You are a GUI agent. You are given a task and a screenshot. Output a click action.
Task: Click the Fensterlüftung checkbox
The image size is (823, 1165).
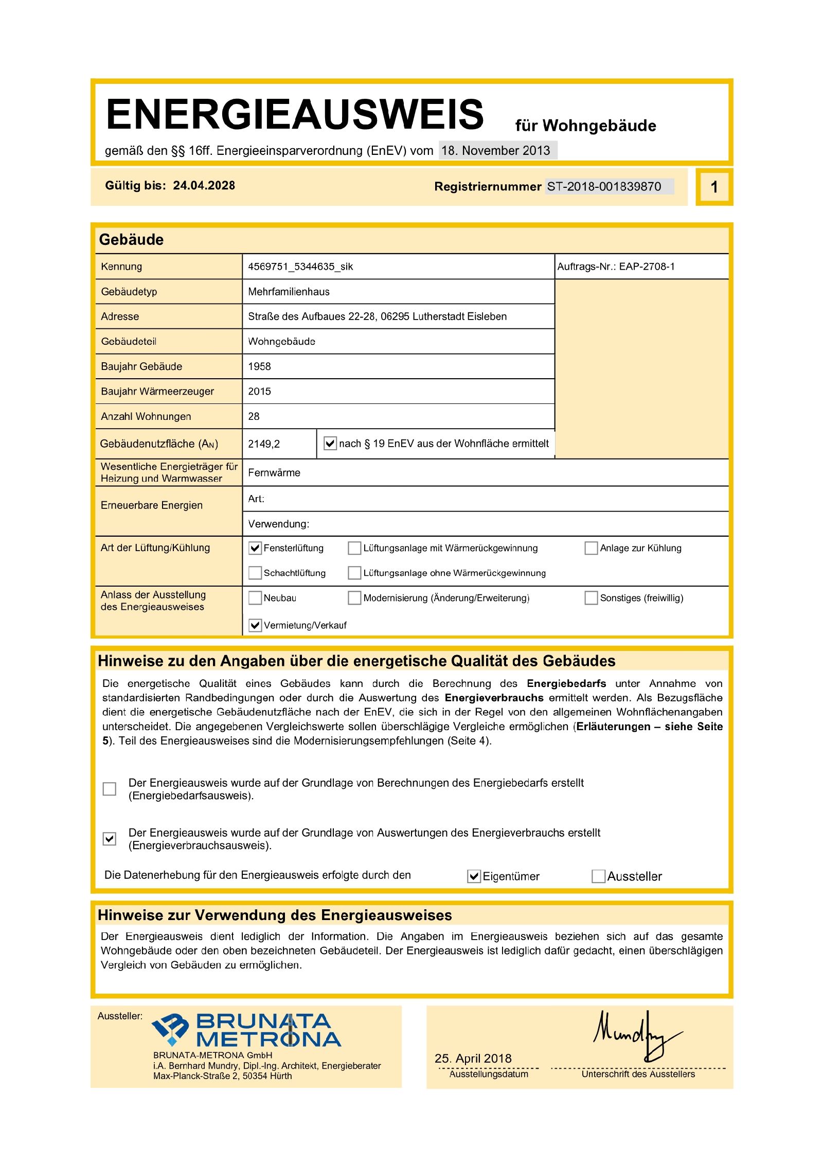[x=255, y=548]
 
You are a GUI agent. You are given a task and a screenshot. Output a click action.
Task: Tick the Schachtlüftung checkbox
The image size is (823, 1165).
[x=255, y=573]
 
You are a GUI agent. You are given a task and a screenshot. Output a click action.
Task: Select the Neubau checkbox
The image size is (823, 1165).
[x=255, y=598]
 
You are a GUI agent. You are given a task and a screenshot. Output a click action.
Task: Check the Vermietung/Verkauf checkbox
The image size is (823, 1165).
[x=255, y=625]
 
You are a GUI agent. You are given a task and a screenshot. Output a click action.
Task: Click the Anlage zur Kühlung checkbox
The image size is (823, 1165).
[x=591, y=548]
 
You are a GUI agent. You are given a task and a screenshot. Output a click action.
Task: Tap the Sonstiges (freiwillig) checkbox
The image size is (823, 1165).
[x=591, y=598]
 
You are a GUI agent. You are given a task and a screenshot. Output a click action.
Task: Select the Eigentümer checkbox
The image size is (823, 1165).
[x=474, y=876]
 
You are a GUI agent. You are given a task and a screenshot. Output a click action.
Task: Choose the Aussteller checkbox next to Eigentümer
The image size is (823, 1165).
[x=598, y=876]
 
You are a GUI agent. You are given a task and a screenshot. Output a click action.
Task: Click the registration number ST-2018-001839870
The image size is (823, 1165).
[x=604, y=186]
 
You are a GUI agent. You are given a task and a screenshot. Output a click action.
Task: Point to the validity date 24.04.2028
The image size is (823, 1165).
[x=204, y=186]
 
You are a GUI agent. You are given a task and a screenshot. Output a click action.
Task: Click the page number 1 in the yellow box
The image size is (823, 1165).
[x=714, y=187]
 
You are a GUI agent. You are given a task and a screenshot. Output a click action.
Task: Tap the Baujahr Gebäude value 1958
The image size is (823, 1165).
[x=259, y=366]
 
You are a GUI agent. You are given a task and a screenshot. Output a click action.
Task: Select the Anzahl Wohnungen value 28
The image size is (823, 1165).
[x=254, y=416]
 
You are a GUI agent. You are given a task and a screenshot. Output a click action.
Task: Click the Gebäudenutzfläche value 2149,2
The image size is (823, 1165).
[x=264, y=444]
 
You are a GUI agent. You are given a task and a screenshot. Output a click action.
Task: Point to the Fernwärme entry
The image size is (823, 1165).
[x=274, y=473]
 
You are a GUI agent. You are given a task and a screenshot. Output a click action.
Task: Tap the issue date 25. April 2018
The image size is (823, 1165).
[x=473, y=1058]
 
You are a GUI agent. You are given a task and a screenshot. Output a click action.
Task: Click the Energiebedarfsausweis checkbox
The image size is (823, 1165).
[x=110, y=789]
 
